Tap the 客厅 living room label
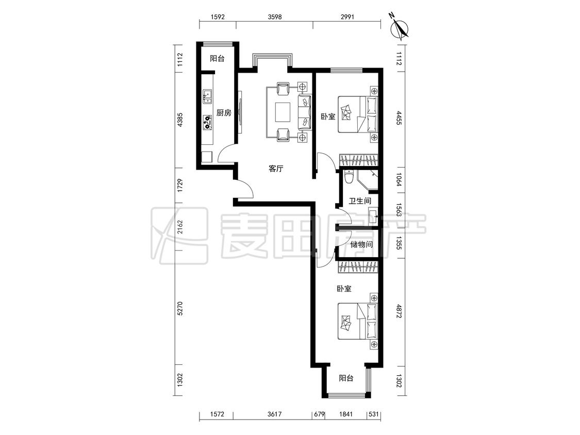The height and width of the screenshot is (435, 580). pos(276,169)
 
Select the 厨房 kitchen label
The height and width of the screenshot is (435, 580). pos(224,113)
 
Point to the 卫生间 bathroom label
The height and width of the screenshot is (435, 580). pos(360,201)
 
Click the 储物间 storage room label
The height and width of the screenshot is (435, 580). pos(361,244)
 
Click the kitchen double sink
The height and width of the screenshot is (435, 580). pos(206,96)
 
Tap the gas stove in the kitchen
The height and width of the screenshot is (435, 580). pos(206,123)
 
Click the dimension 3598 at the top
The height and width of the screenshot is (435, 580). pos(275,16)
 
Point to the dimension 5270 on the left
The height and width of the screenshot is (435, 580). pos(180,308)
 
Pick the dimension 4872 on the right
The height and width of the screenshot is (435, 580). pos(399,312)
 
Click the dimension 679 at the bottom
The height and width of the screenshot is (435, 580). pos(319,414)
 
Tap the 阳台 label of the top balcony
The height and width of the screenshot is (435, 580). pos(217,58)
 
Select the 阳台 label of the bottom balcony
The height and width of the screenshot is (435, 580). pos(346,378)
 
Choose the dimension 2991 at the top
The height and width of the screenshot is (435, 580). pos(347,16)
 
